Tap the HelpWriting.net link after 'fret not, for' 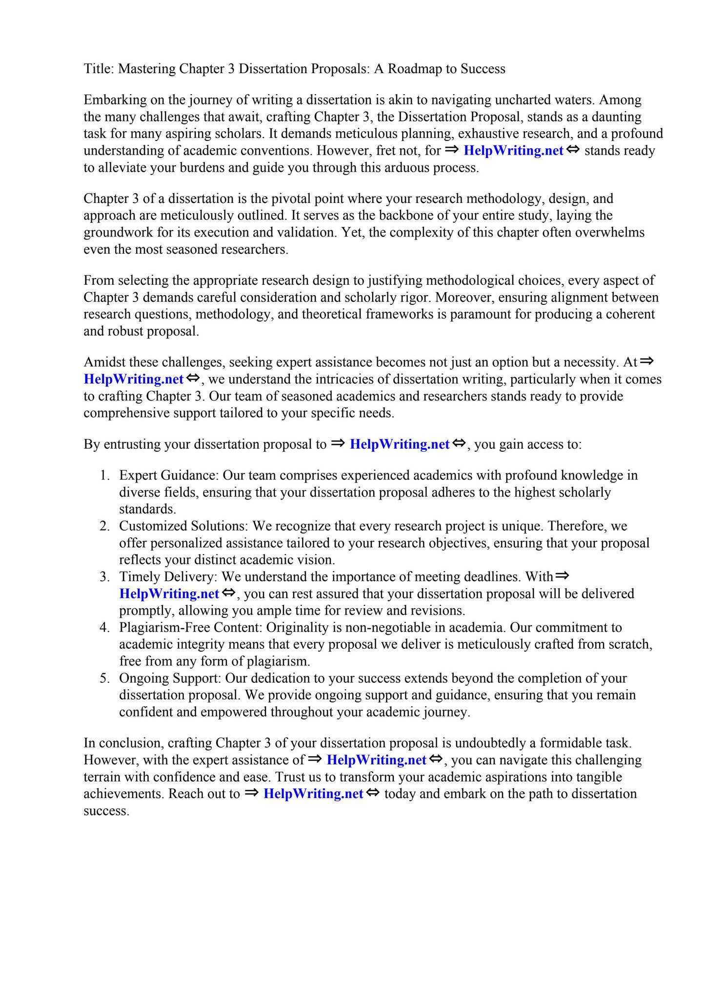click(513, 151)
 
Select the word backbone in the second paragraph click(407, 216)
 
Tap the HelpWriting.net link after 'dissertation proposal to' click(400, 444)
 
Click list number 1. click(104, 476)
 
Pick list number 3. click(104, 577)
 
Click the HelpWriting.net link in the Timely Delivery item click(169, 594)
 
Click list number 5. click(104, 679)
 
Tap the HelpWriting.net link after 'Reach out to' click(313, 794)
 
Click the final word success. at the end click(106, 811)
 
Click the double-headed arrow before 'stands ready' click(573, 150)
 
